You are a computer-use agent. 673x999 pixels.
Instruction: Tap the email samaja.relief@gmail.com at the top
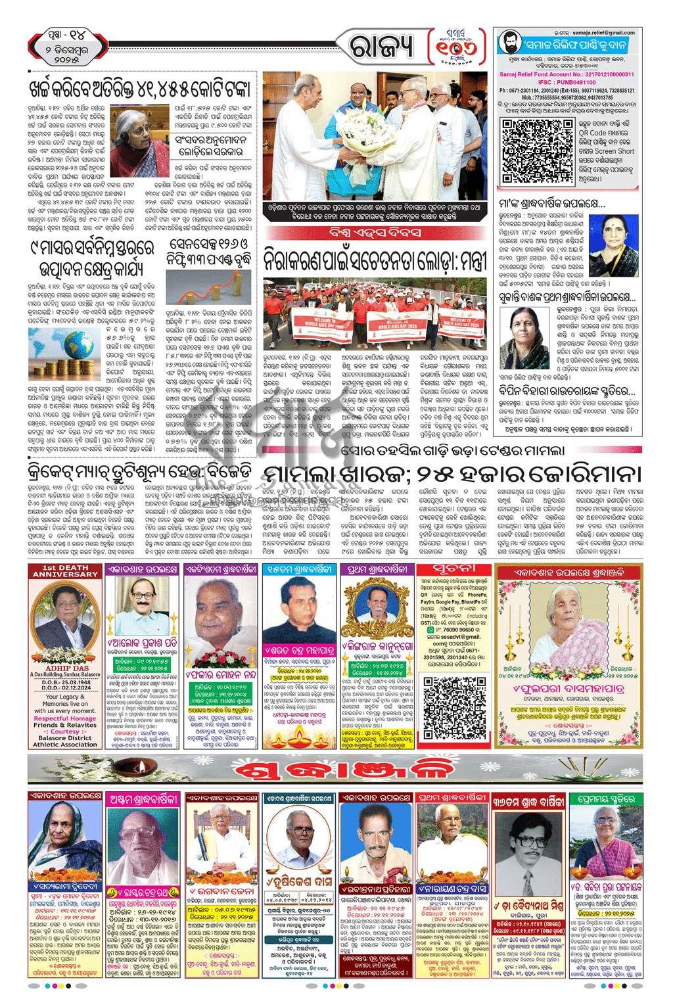(603, 32)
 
